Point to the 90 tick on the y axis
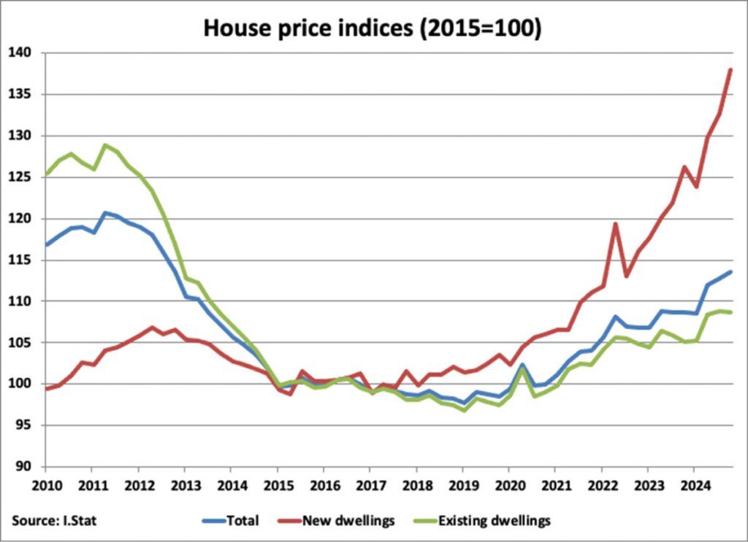pyautogui.click(x=23, y=466)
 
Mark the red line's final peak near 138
pyautogui.click(x=730, y=70)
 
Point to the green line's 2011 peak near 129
pyautogui.click(x=104, y=144)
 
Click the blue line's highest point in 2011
pyautogui.click(x=104, y=212)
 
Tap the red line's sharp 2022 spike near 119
pyautogui.click(x=615, y=223)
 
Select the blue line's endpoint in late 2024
pyautogui.click(x=730, y=271)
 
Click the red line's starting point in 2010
pyautogui.click(x=46, y=389)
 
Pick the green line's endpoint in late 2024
pyautogui.click(x=730, y=312)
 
